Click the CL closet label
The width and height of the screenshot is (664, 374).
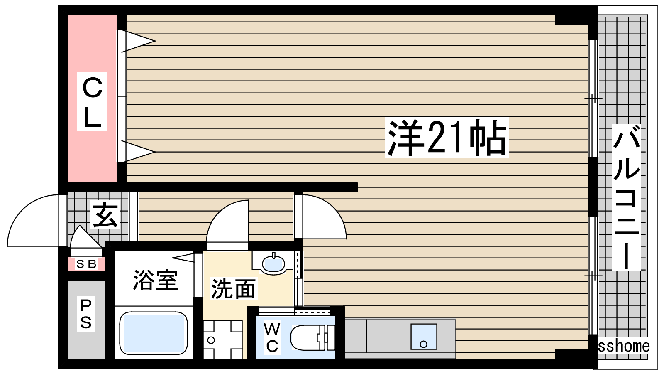(92, 102)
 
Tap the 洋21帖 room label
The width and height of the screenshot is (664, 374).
(447, 138)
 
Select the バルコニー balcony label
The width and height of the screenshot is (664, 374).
(626, 197)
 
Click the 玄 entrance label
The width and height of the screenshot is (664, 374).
(106, 215)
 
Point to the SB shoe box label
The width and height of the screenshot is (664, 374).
(86, 264)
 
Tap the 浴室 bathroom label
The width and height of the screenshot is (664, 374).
(155, 280)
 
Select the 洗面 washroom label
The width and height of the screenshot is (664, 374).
(233, 288)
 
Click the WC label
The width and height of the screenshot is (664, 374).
(272, 337)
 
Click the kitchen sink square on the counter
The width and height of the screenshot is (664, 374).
(424, 336)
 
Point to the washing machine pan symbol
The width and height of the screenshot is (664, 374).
(223, 340)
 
